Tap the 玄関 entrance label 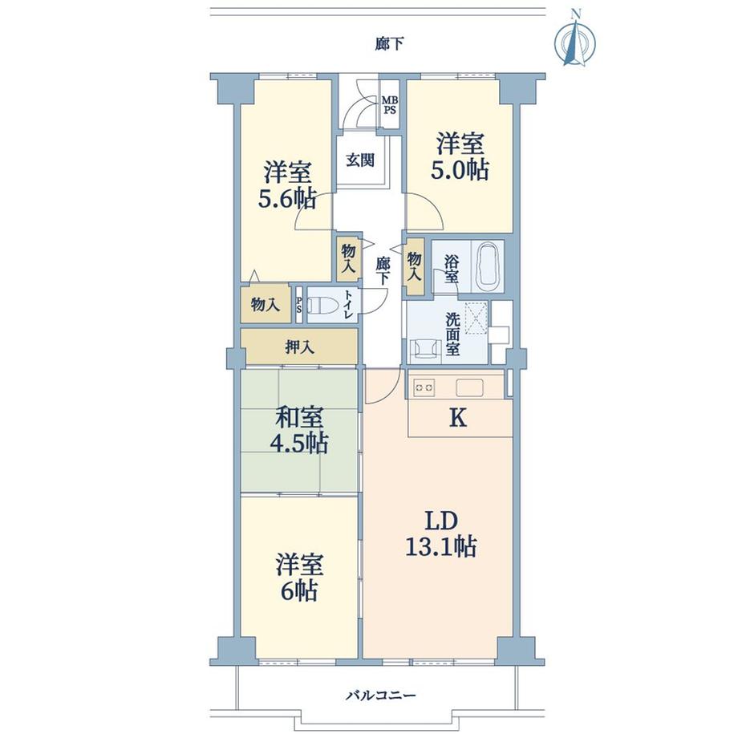point(360,160)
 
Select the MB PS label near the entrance point(389,105)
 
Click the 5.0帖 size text point(460,170)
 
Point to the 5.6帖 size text point(286,199)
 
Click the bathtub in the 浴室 point(487,266)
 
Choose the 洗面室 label point(452,335)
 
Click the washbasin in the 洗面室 point(425,351)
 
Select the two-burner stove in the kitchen point(424,387)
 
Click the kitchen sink point(469,387)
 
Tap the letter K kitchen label point(458,417)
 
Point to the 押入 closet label point(299,347)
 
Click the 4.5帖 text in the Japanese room point(298,443)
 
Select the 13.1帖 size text point(440,547)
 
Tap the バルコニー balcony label point(381,695)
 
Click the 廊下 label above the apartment point(390,44)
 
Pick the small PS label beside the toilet point(298,306)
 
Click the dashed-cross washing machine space point(476,318)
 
